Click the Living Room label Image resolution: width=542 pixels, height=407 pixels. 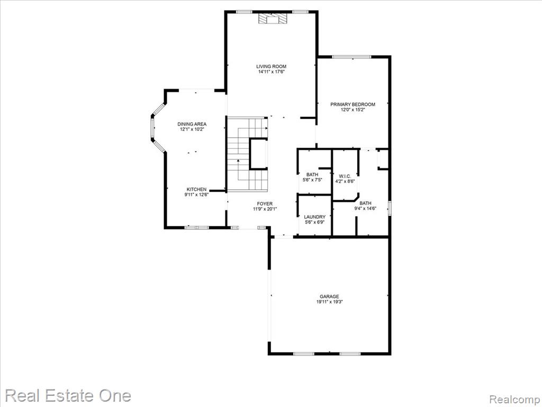point(271,66)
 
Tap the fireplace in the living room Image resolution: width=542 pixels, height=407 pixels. point(273,19)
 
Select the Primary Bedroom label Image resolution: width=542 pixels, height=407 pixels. point(353,104)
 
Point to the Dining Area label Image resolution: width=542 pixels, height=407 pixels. point(192,124)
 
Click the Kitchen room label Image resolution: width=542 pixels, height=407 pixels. point(196,189)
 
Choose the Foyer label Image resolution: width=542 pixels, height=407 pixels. point(265,204)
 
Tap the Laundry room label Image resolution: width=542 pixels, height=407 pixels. point(314,217)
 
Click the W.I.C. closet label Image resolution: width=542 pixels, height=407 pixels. point(345,176)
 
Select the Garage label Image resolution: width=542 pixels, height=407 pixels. point(329,297)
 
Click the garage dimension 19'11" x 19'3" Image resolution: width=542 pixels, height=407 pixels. point(329,302)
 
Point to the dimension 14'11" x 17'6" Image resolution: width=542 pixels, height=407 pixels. point(271,72)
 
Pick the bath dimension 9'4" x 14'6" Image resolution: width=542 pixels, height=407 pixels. point(365,208)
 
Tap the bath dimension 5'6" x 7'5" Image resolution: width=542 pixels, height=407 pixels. point(312,180)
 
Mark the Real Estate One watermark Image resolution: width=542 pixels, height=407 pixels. point(68,395)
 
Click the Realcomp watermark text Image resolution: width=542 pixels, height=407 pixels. point(514,400)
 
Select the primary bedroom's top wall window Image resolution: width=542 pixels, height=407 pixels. point(351,57)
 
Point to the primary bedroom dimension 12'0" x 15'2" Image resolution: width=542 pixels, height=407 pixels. point(353,110)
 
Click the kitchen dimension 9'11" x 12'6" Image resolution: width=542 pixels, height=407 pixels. point(196,195)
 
